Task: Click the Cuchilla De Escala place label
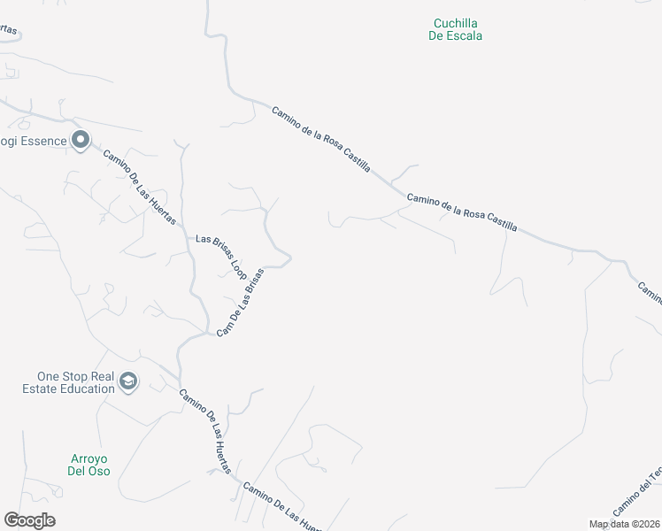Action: [x=457, y=29]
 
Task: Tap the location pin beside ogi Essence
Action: [x=81, y=140]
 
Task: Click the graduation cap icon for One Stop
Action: [x=128, y=381]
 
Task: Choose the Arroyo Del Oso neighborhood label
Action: [x=88, y=465]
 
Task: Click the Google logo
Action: [x=29, y=520]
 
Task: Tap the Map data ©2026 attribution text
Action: [x=625, y=524]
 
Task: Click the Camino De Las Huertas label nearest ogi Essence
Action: [x=139, y=187]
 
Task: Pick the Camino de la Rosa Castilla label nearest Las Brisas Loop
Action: [x=320, y=139]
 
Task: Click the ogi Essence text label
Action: [x=33, y=140]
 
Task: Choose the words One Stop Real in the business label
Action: [x=76, y=375]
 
